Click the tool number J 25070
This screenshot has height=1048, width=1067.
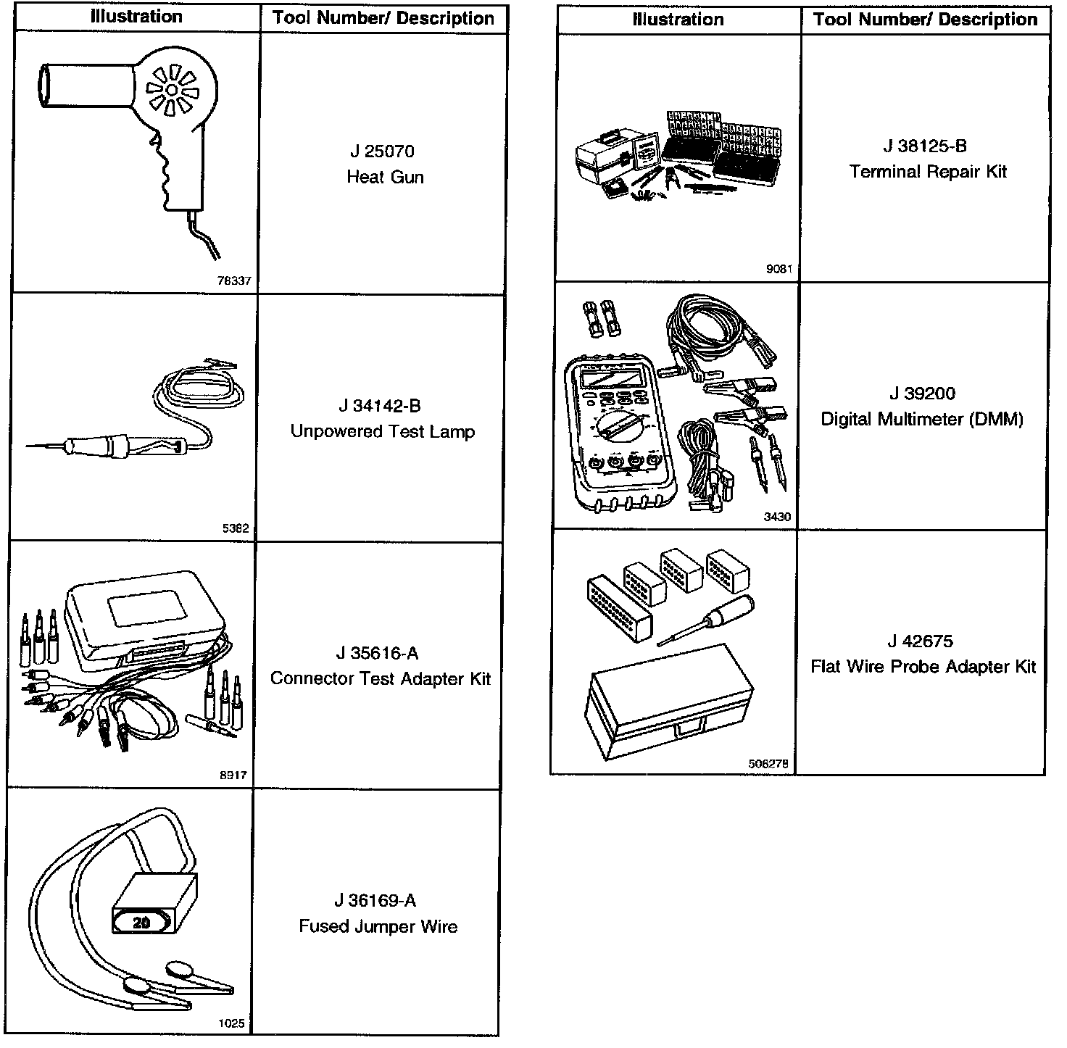[x=382, y=151]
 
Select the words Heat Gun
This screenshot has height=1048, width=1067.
[x=385, y=177]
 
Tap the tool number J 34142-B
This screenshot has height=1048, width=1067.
[x=379, y=406]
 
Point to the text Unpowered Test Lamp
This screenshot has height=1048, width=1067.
[x=382, y=431]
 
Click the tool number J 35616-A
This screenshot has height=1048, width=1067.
[x=377, y=653]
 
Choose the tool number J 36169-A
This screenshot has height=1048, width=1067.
[x=375, y=900]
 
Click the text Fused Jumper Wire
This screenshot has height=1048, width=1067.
[x=378, y=926]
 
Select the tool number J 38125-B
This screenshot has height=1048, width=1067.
[x=925, y=146]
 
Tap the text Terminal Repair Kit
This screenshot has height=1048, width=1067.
[x=928, y=172]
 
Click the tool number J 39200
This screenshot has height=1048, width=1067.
[x=922, y=394]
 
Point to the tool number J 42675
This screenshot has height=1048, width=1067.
[x=920, y=641]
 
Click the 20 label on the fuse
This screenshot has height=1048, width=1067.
[x=142, y=923]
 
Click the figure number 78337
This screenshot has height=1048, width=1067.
[x=234, y=281]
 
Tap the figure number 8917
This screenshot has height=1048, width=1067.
[x=233, y=775]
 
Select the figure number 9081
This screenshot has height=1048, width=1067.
[x=779, y=269]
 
